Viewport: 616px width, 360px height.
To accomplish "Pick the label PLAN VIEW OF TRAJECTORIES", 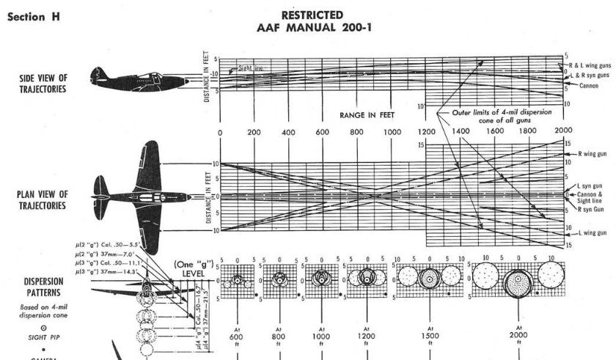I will pos(42,199).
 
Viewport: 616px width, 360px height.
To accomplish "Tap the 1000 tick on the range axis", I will pos(392,132).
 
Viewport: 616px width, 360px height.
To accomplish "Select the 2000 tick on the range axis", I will pos(564,132).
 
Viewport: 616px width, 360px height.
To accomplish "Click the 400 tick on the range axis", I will pos(289,132).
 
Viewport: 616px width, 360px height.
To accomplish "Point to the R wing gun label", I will pos(590,156).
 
